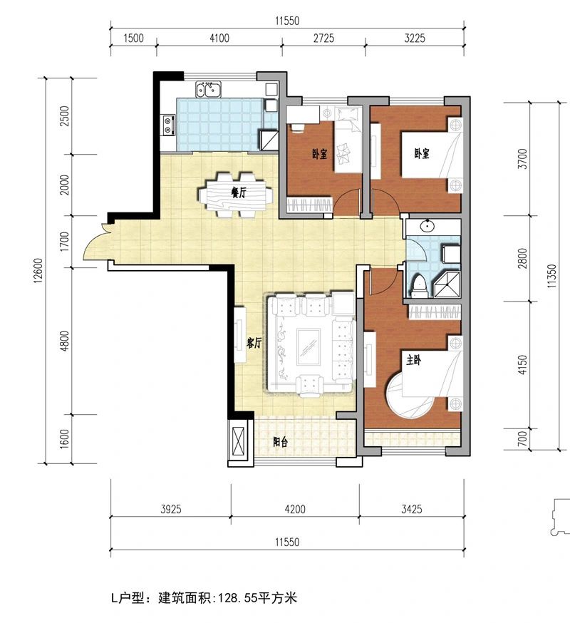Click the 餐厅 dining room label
tap(239, 192)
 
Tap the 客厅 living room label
tap(254, 343)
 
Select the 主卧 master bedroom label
tap(413, 361)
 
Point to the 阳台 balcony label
tap(281, 442)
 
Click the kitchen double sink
tap(208, 89)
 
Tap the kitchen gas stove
tap(168, 124)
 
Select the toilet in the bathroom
tap(419, 286)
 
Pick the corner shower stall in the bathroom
tap(447, 284)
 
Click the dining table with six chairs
tap(236, 195)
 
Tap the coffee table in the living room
tap(309, 347)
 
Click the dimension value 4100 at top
tap(219, 38)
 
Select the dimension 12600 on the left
tap(38, 271)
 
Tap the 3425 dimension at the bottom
tap(412, 509)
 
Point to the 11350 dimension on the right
tap(552, 276)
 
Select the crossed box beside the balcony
tap(239, 441)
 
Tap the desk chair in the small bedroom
tap(298, 126)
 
